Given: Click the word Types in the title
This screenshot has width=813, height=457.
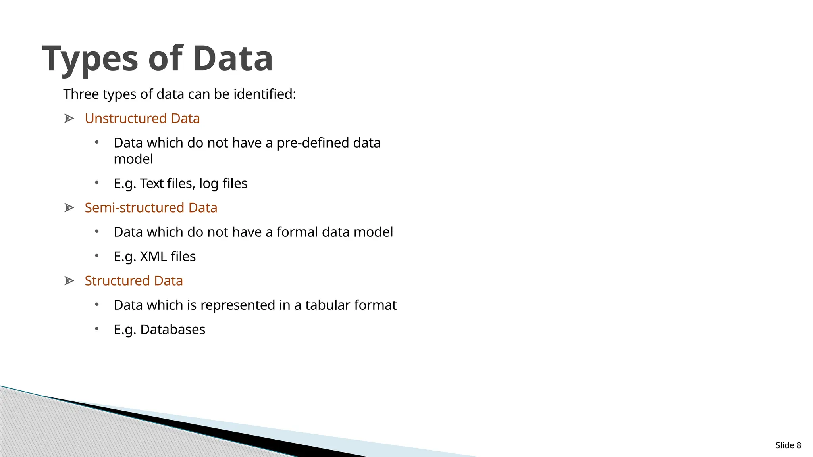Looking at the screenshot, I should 91,59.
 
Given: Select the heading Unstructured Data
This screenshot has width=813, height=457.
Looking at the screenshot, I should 142,119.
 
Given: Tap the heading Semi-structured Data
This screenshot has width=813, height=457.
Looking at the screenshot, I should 151,208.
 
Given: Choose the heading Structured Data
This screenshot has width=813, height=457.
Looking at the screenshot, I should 134,281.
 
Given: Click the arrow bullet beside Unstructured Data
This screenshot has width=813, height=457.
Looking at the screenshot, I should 69,119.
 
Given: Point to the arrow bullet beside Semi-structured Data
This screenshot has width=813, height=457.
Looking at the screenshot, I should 69,208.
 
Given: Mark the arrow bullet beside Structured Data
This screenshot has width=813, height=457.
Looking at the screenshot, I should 69,281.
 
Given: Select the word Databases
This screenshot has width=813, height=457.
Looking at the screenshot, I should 173,330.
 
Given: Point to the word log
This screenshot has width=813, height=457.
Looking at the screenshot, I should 208,184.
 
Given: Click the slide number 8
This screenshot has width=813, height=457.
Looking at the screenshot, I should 799,445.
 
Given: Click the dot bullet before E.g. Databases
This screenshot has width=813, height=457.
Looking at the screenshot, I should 97,328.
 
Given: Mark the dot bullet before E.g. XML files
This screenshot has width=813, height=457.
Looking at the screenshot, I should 97,255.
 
